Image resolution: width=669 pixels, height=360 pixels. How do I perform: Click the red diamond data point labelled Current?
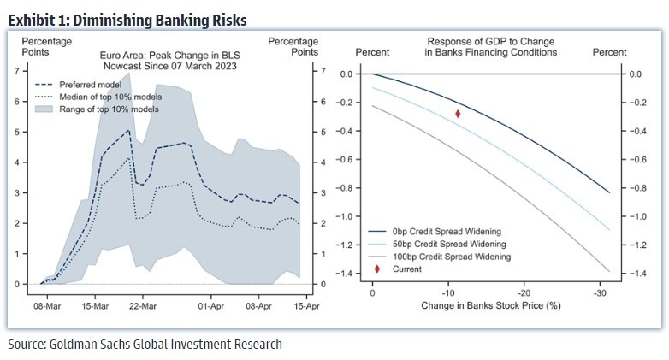pos(458,113)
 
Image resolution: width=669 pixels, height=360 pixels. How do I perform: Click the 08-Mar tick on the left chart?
pos(46,304)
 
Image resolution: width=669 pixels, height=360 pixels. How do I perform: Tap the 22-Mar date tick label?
pos(142,304)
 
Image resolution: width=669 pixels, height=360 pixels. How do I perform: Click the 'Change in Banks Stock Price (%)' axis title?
pos(490,304)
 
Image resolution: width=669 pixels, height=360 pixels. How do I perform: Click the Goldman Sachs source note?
pos(145,345)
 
